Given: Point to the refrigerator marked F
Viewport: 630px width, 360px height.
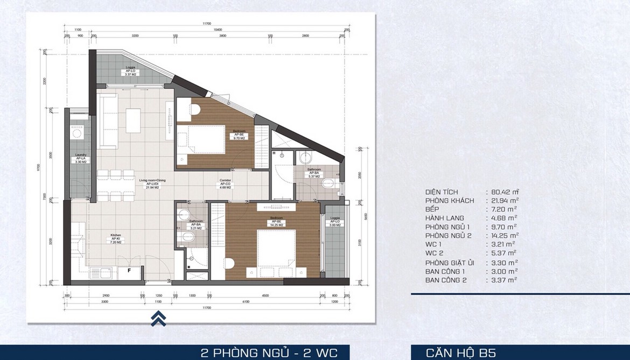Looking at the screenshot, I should pyautogui.click(x=128, y=271).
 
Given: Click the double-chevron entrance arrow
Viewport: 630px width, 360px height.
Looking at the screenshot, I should pyautogui.click(x=158, y=319).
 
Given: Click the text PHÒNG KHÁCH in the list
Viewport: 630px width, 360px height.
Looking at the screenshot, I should pyautogui.click(x=450, y=201).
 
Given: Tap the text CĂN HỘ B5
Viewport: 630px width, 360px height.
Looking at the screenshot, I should pyautogui.click(x=461, y=353).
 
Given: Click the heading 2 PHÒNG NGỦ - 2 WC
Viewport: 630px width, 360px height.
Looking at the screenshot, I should pyautogui.click(x=269, y=353).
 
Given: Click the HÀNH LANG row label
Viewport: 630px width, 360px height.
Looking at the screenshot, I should pyautogui.click(x=445, y=218).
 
